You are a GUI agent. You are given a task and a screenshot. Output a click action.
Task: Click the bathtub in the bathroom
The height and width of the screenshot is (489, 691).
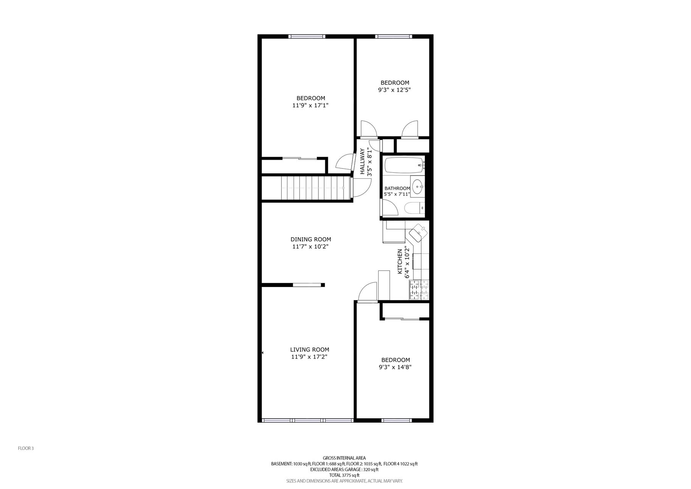[404, 165]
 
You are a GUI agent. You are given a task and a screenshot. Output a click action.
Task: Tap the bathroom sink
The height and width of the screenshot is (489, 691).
[418, 187]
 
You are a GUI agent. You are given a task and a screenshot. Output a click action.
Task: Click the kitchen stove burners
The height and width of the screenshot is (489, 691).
[419, 290]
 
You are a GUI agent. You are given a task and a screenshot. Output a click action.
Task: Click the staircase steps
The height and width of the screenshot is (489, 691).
[313, 187]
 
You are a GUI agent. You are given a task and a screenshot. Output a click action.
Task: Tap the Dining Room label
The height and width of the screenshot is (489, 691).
[311, 240]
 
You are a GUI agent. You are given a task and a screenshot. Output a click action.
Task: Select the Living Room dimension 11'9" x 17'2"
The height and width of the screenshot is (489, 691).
[309, 357]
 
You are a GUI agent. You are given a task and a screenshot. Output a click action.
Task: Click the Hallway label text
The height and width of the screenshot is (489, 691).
[362, 162]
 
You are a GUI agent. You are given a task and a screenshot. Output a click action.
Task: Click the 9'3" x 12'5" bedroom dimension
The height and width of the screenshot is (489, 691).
[394, 90]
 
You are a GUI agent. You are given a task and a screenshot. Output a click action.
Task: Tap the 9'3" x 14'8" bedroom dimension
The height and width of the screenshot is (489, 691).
[395, 367]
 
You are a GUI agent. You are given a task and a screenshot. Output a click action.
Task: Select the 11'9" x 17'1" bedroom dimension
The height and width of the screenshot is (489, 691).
[310, 105]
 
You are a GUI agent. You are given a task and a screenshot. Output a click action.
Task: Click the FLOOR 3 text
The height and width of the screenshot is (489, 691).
[26, 449]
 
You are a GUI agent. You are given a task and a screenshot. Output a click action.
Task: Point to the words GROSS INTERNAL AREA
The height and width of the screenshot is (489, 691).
[344, 458]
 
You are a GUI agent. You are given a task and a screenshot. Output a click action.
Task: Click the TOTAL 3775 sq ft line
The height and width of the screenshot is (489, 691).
[344, 475]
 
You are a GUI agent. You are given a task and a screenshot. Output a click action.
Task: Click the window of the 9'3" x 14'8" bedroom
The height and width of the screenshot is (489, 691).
[396, 421]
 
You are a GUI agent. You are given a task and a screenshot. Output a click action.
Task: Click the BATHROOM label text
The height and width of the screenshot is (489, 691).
[397, 188]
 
